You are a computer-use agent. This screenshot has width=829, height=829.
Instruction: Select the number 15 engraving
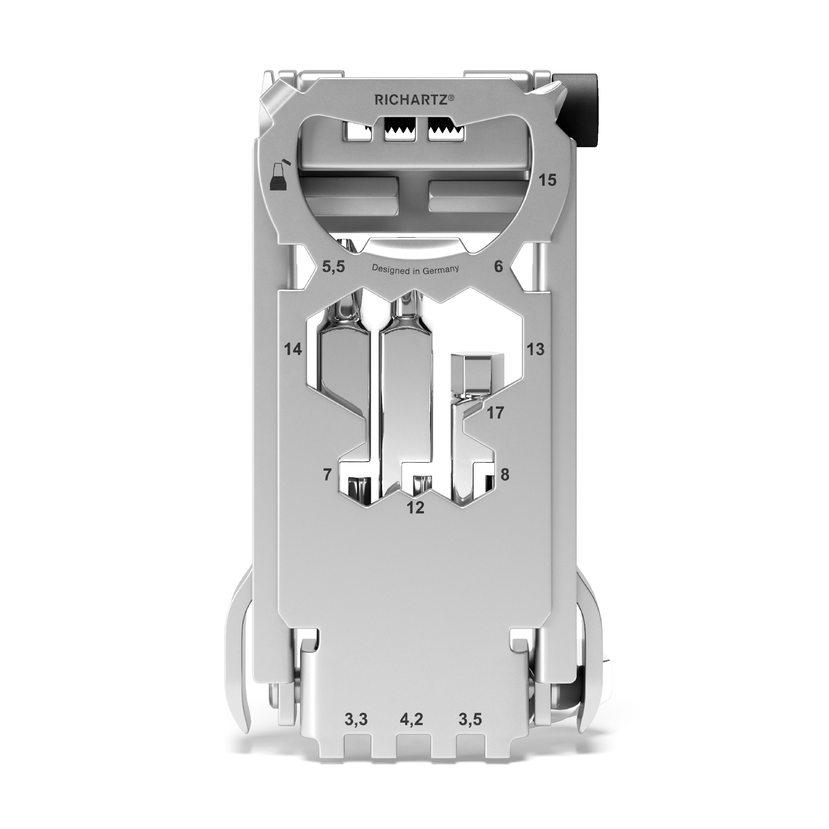[x=547, y=180]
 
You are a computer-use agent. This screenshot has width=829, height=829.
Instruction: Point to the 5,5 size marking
[x=334, y=267]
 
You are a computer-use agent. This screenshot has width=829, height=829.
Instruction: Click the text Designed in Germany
[x=415, y=269]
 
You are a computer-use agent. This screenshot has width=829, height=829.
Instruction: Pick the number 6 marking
[x=498, y=266]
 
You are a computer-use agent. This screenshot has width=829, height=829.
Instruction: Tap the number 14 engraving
[x=293, y=349]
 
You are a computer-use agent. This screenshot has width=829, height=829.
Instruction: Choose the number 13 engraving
[x=535, y=349]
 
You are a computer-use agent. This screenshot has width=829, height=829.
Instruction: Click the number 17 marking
[x=495, y=413]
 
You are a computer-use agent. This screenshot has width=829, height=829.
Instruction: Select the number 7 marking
[x=327, y=475]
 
